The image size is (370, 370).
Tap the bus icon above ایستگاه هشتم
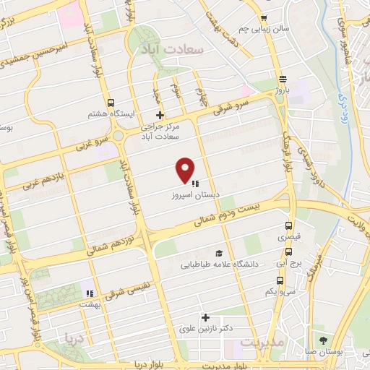110,103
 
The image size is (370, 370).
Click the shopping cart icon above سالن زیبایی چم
264,19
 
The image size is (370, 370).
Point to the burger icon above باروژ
281,79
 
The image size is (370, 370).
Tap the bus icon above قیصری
289,225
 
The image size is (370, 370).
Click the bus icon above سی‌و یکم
280,280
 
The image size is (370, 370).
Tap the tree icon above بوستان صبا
322,340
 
